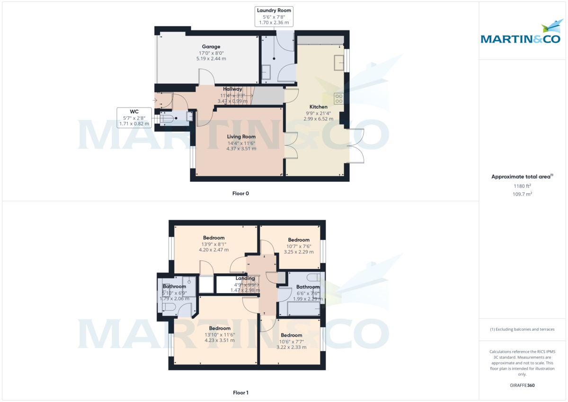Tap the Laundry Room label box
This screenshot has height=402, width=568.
274,17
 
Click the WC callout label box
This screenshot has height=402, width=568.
134,117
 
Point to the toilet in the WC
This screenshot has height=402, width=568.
167,118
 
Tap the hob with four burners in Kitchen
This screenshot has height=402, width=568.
339,98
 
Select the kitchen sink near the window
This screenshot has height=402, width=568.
338,62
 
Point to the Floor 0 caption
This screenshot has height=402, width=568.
240,194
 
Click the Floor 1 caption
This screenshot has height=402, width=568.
240,393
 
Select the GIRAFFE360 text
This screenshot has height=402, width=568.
523,385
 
